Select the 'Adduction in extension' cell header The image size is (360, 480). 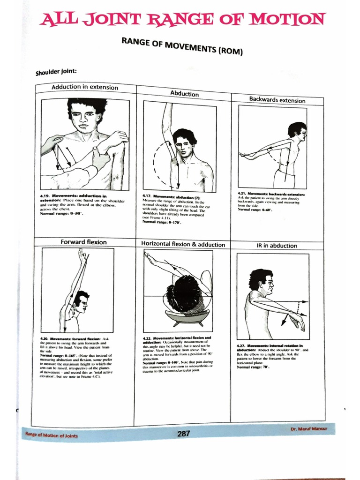tap(85, 87)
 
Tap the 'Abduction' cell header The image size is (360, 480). tap(184, 94)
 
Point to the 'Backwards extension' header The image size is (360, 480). tap(277, 100)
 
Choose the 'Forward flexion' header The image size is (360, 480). tap(83, 242)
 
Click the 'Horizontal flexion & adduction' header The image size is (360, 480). tap(183, 244)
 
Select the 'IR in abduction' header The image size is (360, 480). tap(277, 246)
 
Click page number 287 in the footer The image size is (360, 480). tap(184, 434)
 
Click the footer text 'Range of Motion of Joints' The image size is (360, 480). tap(52, 435)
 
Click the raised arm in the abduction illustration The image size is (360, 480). tap(166, 124)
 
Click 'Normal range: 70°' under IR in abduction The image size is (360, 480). tap(253, 367)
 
